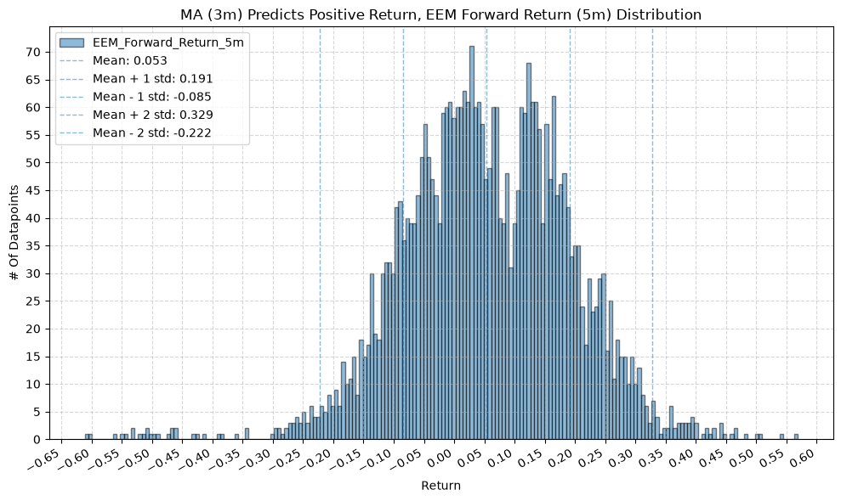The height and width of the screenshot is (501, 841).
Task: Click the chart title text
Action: click(x=440, y=14)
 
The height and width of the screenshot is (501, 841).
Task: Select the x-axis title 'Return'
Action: click(x=440, y=486)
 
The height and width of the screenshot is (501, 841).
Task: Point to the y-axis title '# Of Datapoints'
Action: click(x=14, y=233)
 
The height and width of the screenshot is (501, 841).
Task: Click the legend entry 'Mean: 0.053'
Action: click(x=130, y=60)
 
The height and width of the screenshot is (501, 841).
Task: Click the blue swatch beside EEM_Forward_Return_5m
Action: click(x=72, y=42)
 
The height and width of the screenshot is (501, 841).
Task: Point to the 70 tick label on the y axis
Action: click(x=34, y=52)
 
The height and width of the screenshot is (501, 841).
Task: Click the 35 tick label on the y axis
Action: click(x=34, y=246)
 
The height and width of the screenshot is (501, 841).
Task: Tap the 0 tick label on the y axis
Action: click(x=37, y=440)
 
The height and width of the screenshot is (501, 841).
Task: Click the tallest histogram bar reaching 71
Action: click(x=472, y=243)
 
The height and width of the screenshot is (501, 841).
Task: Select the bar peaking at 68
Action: click(x=529, y=251)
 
